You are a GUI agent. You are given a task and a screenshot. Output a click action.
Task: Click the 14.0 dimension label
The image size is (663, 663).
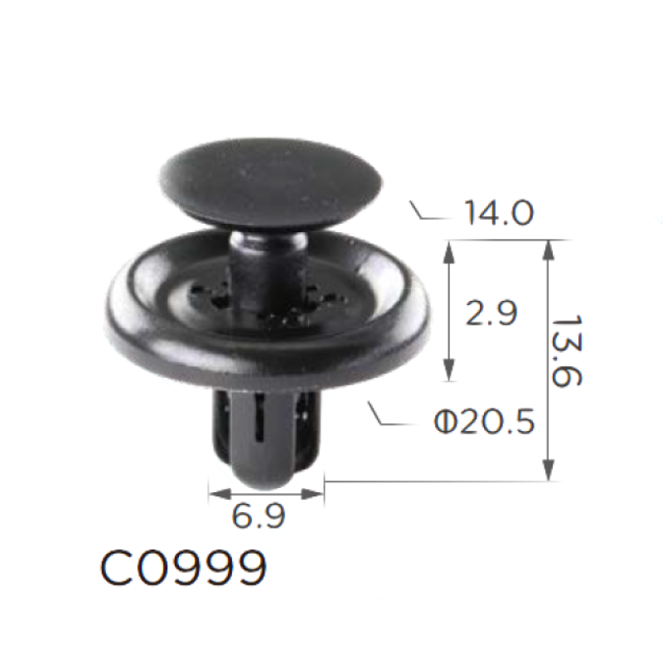coord(499,213)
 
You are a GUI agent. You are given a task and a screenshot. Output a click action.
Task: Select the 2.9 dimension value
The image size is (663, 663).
coord(491,313)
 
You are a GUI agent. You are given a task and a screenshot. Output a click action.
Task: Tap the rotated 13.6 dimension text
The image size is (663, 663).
coord(567,350)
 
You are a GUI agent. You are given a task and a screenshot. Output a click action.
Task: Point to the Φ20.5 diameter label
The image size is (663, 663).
coord(485,422)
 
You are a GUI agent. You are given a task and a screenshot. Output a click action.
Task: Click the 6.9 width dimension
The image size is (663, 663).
coord(259,515)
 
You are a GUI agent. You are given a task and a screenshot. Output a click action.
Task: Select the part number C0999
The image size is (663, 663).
coord(184,568)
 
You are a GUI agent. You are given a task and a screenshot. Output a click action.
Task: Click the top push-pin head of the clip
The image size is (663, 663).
coord(271,183)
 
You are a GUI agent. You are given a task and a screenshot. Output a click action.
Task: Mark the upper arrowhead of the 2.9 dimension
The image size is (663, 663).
coord(449,253)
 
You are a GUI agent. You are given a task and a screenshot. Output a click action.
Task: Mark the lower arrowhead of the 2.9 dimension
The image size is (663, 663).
coord(449,370)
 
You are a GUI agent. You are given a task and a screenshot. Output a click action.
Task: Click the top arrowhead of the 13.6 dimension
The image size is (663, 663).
coord(549,251)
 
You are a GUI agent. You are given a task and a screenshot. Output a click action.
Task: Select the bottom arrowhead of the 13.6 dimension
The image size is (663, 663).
coord(549,469)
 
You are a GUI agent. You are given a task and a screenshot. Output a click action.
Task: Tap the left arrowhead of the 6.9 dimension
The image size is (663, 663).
coord(220,493)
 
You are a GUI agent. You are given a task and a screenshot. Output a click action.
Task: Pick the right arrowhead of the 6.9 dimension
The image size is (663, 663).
coord(312,493)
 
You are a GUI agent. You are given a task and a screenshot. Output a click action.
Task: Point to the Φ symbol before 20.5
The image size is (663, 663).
coord(446,422)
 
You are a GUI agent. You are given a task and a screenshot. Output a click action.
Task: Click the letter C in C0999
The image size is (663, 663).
coord(116,568)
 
